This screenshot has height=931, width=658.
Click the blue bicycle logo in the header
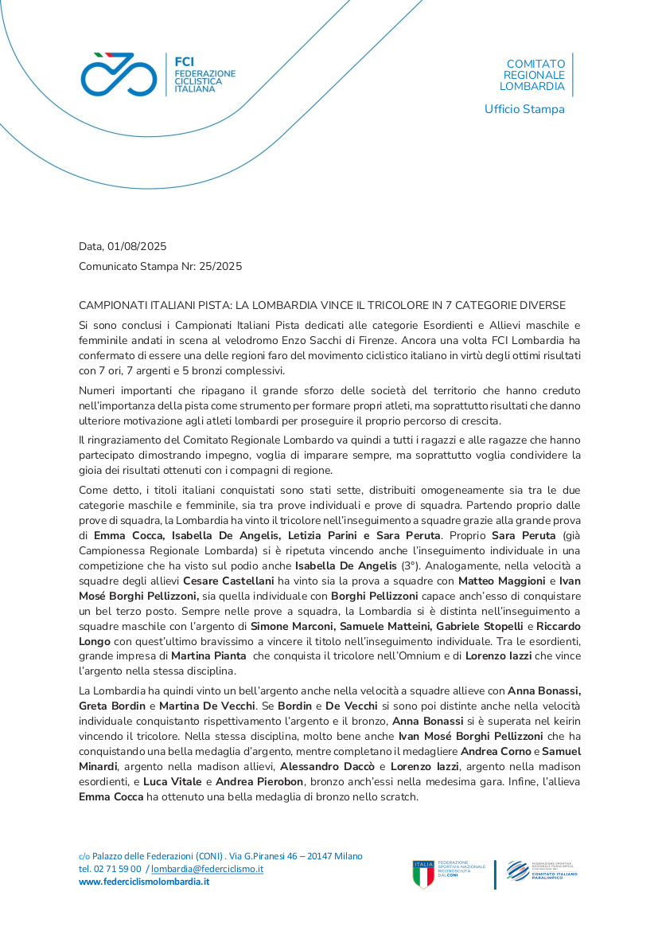(118, 74)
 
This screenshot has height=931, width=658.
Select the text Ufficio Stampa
(524, 109)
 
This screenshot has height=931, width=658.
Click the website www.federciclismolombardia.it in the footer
(143, 882)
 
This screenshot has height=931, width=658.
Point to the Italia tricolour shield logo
(423, 874)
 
